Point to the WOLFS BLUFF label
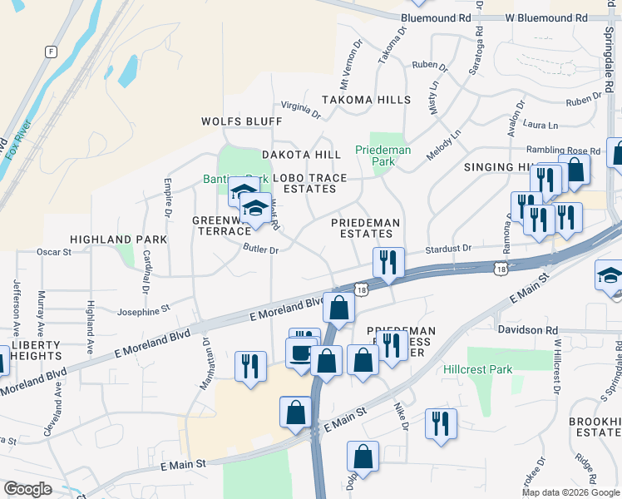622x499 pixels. [242, 121]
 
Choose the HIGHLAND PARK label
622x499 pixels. [119, 240]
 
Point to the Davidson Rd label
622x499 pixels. [527, 330]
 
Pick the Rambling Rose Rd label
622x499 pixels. [569, 151]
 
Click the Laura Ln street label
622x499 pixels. [541, 124]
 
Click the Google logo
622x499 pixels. [27, 489]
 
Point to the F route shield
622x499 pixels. [52, 52]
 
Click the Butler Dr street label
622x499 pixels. [260, 249]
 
